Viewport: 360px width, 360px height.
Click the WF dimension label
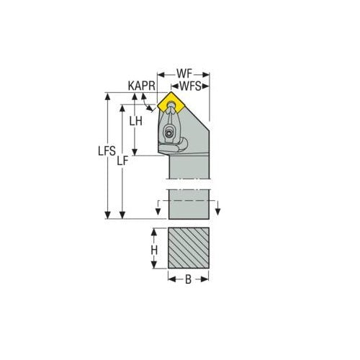[184, 74]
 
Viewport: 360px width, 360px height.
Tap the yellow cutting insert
[173, 105]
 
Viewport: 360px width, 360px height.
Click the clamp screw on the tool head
[170, 132]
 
